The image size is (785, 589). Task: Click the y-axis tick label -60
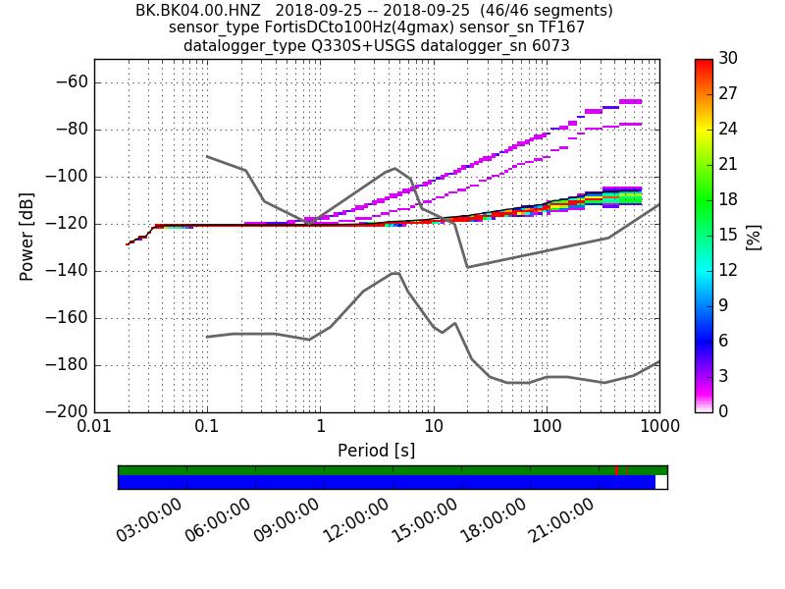pyautogui.click(x=71, y=82)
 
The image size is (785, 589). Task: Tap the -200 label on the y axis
pyautogui.click(x=67, y=412)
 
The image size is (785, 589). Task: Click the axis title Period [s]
pyautogui.click(x=376, y=451)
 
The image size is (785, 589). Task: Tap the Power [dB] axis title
pyautogui.click(x=27, y=236)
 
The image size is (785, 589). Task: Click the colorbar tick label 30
pyautogui.click(x=727, y=59)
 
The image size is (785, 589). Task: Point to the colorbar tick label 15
pyautogui.click(x=727, y=235)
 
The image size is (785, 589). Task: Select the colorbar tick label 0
pyautogui.click(x=723, y=411)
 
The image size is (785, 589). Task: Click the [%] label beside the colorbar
pyautogui.click(x=754, y=237)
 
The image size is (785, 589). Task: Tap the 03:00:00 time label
pyautogui.click(x=150, y=519)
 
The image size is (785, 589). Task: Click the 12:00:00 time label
pyautogui.click(x=356, y=519)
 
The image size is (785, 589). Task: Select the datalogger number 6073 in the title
pyautogui.click(x=549, y=45)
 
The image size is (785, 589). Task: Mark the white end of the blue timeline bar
pyautogui.click(x=661, y=482)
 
